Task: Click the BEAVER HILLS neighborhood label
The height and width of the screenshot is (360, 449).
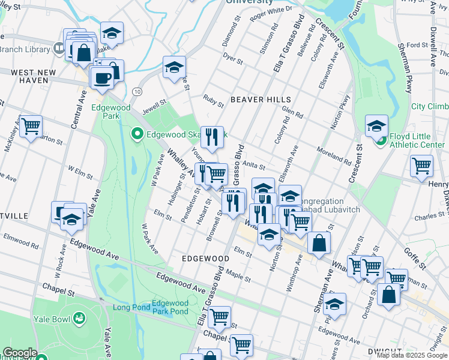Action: [261, 100]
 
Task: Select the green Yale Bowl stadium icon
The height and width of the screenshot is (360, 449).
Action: [79, 318]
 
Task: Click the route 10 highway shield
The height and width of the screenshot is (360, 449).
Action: [137, 91]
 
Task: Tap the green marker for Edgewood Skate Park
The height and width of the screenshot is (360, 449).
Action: [137, 133]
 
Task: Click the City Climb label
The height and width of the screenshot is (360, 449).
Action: [429, 106]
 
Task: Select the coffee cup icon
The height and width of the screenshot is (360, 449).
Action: [101, 77]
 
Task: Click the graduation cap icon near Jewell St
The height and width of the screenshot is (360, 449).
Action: [174, 67]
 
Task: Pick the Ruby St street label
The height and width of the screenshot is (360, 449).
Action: [213, 100]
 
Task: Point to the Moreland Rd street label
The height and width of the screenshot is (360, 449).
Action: [334, 155]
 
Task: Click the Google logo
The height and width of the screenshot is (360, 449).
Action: [20, 353]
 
